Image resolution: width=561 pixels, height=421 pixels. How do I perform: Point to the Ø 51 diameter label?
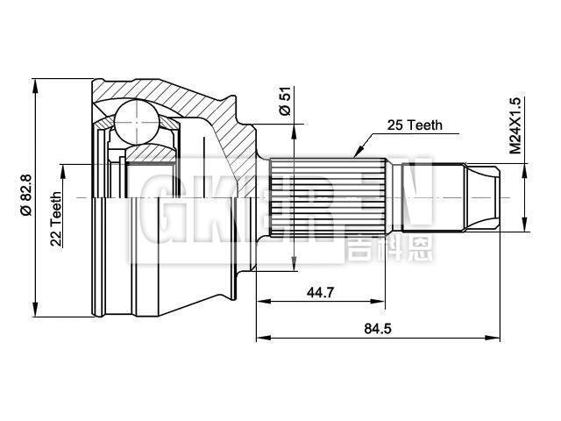tap(283, 103)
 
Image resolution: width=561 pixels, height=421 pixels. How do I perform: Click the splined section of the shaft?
tap(324, 198)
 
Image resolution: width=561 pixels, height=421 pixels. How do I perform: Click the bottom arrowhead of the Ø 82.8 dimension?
tap(36, 310)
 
